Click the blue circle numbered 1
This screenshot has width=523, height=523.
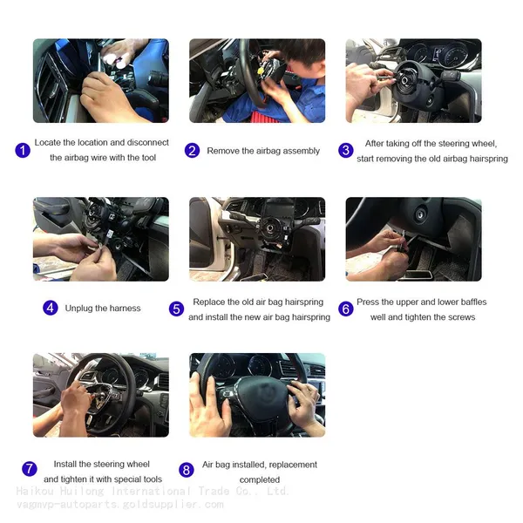(x=23, y=151)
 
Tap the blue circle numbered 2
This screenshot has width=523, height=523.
(x=192, y=151)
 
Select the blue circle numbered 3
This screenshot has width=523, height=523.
(x=346, y=151)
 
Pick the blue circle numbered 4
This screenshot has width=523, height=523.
(x=51, y=308)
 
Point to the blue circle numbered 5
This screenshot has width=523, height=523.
(x=176, y=309)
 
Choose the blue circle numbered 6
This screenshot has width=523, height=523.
(x=346, y=309)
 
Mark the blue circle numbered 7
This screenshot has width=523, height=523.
(x=30, y=469)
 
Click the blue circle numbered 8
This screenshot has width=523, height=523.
(x=187, y=470)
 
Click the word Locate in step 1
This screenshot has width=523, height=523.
(x=47, y=142)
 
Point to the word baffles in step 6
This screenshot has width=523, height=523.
(x=473, y=302)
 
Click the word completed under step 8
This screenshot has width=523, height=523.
(x=260, y=480)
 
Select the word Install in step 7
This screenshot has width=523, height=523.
(x=65, y=464)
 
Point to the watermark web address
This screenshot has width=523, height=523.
(x=120, y=505)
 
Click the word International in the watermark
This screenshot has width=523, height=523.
(x=151, y=492)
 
